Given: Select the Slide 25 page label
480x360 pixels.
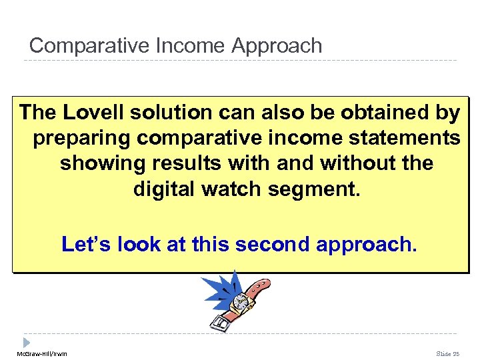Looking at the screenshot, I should pos(448,353).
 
